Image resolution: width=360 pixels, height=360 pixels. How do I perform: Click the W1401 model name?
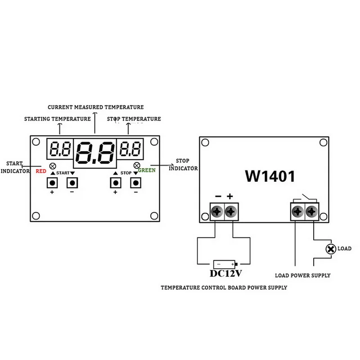(270, 176)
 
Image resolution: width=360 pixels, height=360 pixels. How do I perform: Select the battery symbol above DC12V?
(224, 264)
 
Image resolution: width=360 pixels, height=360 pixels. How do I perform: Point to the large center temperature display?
(95, 153)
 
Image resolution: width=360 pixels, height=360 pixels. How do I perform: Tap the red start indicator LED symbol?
(53, 165)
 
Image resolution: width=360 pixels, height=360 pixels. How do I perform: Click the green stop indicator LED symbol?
(137, 165)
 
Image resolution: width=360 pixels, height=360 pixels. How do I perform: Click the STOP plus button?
(116, 183)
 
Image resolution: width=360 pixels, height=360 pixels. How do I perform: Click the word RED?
(40, 171)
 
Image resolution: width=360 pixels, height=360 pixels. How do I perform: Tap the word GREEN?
(147, 171)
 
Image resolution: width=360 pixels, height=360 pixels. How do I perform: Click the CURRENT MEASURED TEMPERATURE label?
(96, 107)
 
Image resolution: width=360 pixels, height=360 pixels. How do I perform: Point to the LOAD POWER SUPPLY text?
(302, 275)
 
